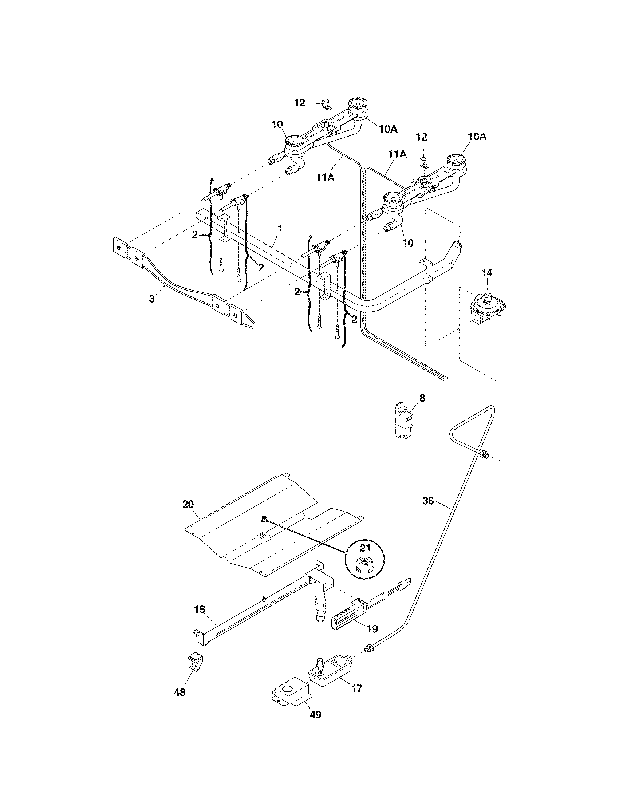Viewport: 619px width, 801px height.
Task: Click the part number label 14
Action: (487, 273)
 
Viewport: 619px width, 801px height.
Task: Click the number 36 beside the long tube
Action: (428, 501)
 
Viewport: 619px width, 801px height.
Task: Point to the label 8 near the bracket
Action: (422, 398)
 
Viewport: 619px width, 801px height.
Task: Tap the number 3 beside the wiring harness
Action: (152, 299)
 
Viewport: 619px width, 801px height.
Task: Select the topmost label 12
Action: (300, 103)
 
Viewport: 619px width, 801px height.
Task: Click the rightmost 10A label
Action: (477, 137)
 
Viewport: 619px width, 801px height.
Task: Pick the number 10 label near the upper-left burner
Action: (277, 124)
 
